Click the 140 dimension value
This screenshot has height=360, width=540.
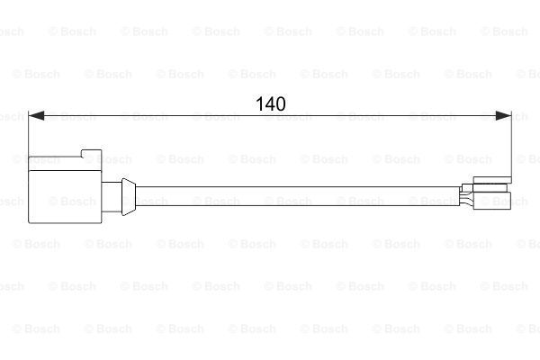[x=271, y=103]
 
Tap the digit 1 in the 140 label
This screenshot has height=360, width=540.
[x=259, y=103]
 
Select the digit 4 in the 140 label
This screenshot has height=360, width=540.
[x=270, y=103]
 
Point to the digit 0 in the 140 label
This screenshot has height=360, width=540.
[x=281, y=103]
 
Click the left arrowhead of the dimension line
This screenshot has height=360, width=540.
[x=36, y=116]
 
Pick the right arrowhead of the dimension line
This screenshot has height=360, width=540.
[x=503, y=116]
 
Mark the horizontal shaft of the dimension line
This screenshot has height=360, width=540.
[x=270, y=116]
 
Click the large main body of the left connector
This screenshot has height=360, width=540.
[x=65, y=197]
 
